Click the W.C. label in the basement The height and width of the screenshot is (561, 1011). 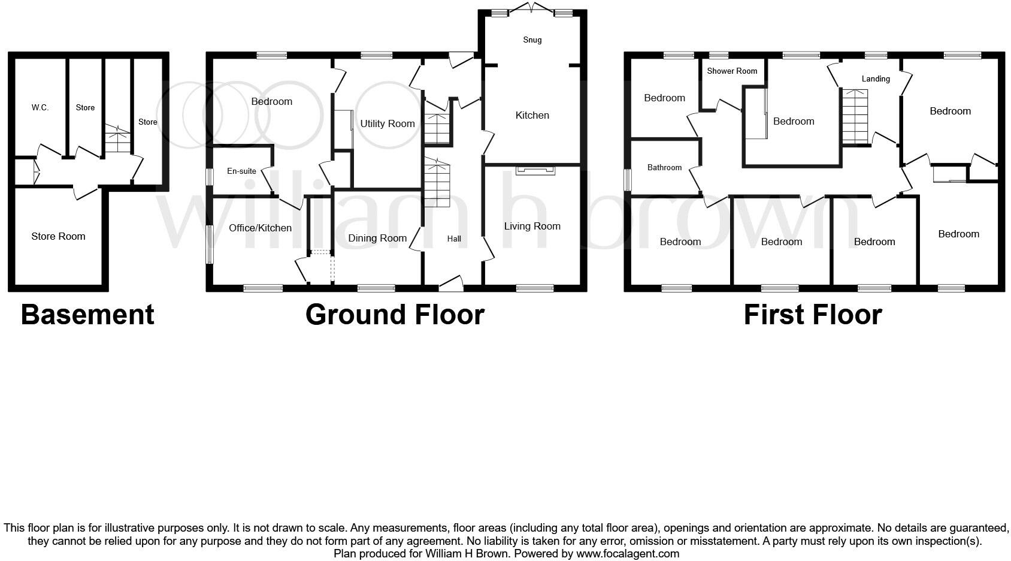[40, 108]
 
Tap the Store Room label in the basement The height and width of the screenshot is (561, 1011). [58, 237]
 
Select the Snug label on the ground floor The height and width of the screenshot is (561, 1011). [532, 40]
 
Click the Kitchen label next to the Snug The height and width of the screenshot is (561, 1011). [532, 116]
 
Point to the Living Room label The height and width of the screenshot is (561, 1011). [532, 227]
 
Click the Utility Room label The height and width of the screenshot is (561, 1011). [387, 124]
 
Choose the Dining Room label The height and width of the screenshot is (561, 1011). [377, 239]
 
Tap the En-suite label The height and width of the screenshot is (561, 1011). [241, 171]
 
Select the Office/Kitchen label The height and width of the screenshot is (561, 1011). [260, 228]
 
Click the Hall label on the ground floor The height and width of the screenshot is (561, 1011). [454, 239]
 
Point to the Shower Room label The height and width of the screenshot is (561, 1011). [732, 71]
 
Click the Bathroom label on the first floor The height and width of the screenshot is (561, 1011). [664, 168]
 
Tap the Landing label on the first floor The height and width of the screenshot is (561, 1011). [876, 79]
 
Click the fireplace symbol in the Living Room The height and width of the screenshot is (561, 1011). [535, 171]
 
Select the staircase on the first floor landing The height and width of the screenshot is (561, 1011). [855, 116]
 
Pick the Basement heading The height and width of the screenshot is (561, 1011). [87, 315]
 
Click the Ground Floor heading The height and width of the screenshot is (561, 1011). [395, 315]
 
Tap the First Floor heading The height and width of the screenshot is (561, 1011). [813, 315]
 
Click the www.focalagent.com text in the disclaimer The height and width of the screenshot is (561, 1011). [628, 554]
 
